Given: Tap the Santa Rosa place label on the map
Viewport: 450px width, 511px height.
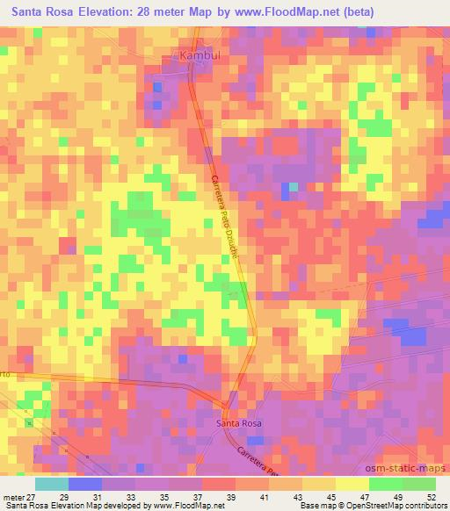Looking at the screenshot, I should coord(239,423).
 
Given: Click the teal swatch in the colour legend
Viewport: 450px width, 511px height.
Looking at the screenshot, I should coord(52,484).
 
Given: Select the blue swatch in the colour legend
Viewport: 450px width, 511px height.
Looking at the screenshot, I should coord(85,484).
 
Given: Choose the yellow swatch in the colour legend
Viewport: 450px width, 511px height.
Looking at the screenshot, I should coord(352,484).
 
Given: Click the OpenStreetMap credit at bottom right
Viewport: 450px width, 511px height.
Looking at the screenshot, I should coord(370,506).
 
